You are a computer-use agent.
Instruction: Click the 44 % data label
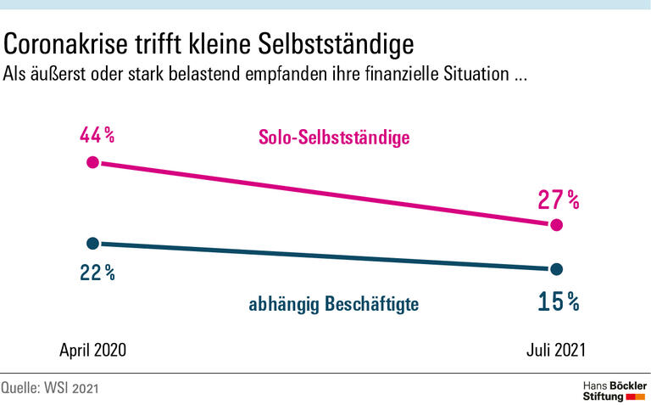pos(97,135)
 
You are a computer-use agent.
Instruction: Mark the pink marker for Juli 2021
pos(556,225)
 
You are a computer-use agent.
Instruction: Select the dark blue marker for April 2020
pos(93,243)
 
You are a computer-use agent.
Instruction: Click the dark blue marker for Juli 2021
pos(556,270)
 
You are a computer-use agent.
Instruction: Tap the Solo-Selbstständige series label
pos(334,137)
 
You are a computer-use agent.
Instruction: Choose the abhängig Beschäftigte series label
pos(334,303)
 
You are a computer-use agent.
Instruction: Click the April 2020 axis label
pos(93,350)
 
